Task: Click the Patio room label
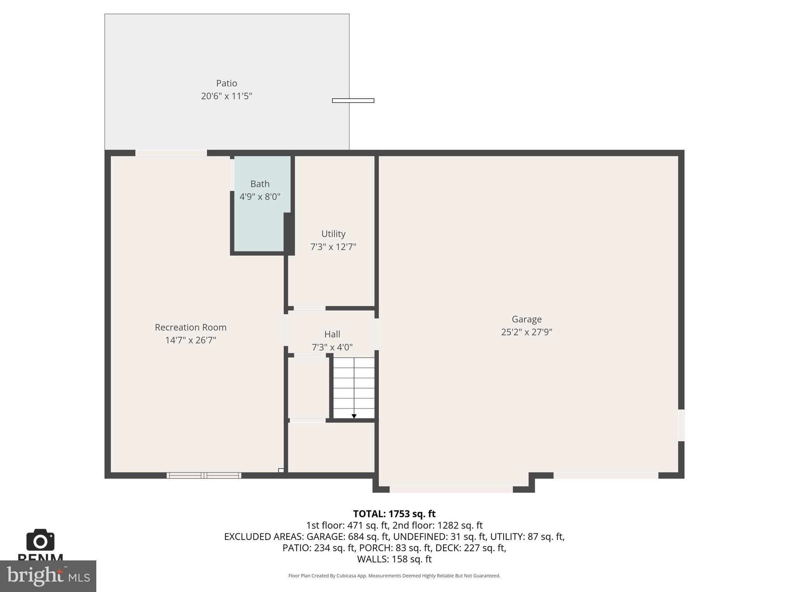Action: pyautogui.click(x=227, y=83)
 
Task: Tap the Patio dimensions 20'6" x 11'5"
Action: pyautogui.click(x=227, y=96)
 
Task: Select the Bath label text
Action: pyautogui.click(x=260, y=184)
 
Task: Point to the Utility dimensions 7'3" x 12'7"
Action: pyautogui.click(x=333, y=247)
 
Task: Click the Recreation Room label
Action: pyautogui.click(x=191, y=327)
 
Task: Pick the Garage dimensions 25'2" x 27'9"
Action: pyautogui.click(x=527, y=332)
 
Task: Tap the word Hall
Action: pyautogui.click(x=332, y=334)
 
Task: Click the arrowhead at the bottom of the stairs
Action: pyautogui.click(x=354, y=416)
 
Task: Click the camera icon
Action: pyautogui.click(x=40, y=540)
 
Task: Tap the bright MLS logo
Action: pyautogui.click(x=48, y=576)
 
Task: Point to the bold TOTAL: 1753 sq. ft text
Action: pyautogui.click(x=394, y=514)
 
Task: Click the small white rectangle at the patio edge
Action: pyautogui.click(x=353, y=101)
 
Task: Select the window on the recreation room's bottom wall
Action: pyautogui.click(x=204, y=476)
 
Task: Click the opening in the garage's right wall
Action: pyautogui.click(x=681, y=425)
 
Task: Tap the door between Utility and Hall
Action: pyautogui.click(x=310, y=308)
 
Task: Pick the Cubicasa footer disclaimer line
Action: pyautogui.click(x=394, y=576)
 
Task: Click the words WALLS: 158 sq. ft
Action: pyautogui.click(x=394, y=559)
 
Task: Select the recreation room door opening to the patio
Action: pyautogui.click(x=171, y=153)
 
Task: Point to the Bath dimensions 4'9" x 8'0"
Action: pyautogui.click(x=260, y=197)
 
